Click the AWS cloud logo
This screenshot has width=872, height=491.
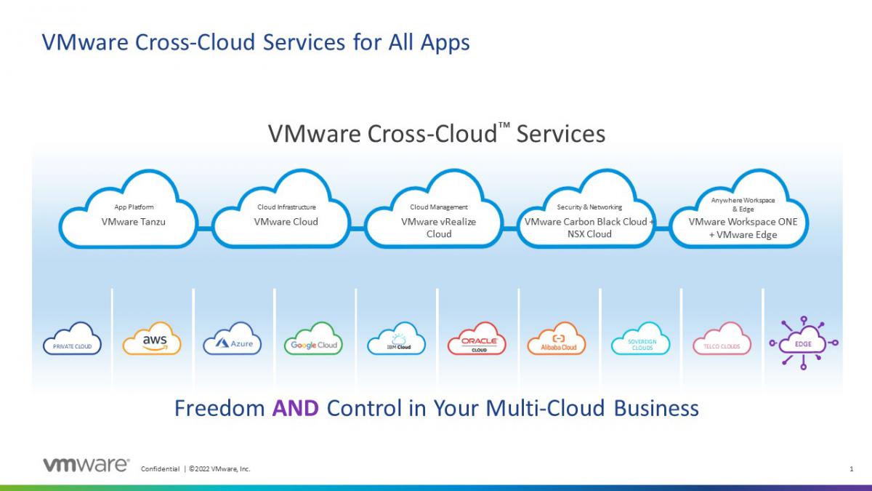[152, 338]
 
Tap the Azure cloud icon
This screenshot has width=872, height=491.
[233, 338]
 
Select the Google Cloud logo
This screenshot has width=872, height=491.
[313, 338]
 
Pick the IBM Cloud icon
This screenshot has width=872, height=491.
[396, 338]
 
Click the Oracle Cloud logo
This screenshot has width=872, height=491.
[477, 338]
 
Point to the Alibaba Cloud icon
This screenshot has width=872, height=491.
[557, 338]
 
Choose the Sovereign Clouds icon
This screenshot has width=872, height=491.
[641, 338]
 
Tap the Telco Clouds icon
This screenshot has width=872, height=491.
[722, 338]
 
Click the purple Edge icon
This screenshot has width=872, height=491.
[804, 343]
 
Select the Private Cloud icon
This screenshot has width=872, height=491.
[73, 338]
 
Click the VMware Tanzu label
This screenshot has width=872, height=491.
[133, 222]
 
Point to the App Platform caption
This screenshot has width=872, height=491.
[134, 207]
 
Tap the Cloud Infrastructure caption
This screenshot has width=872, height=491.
[286, 207]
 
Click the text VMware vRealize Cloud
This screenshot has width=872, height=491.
[439, 228]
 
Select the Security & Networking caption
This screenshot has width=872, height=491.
[589, 207]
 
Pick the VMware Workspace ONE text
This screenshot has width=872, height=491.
[743, 222]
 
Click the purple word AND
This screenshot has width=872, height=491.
[296, 408]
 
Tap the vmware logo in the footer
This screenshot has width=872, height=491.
[86, 465]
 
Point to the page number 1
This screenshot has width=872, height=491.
[852, 468]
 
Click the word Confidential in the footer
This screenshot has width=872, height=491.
[160, 468]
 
